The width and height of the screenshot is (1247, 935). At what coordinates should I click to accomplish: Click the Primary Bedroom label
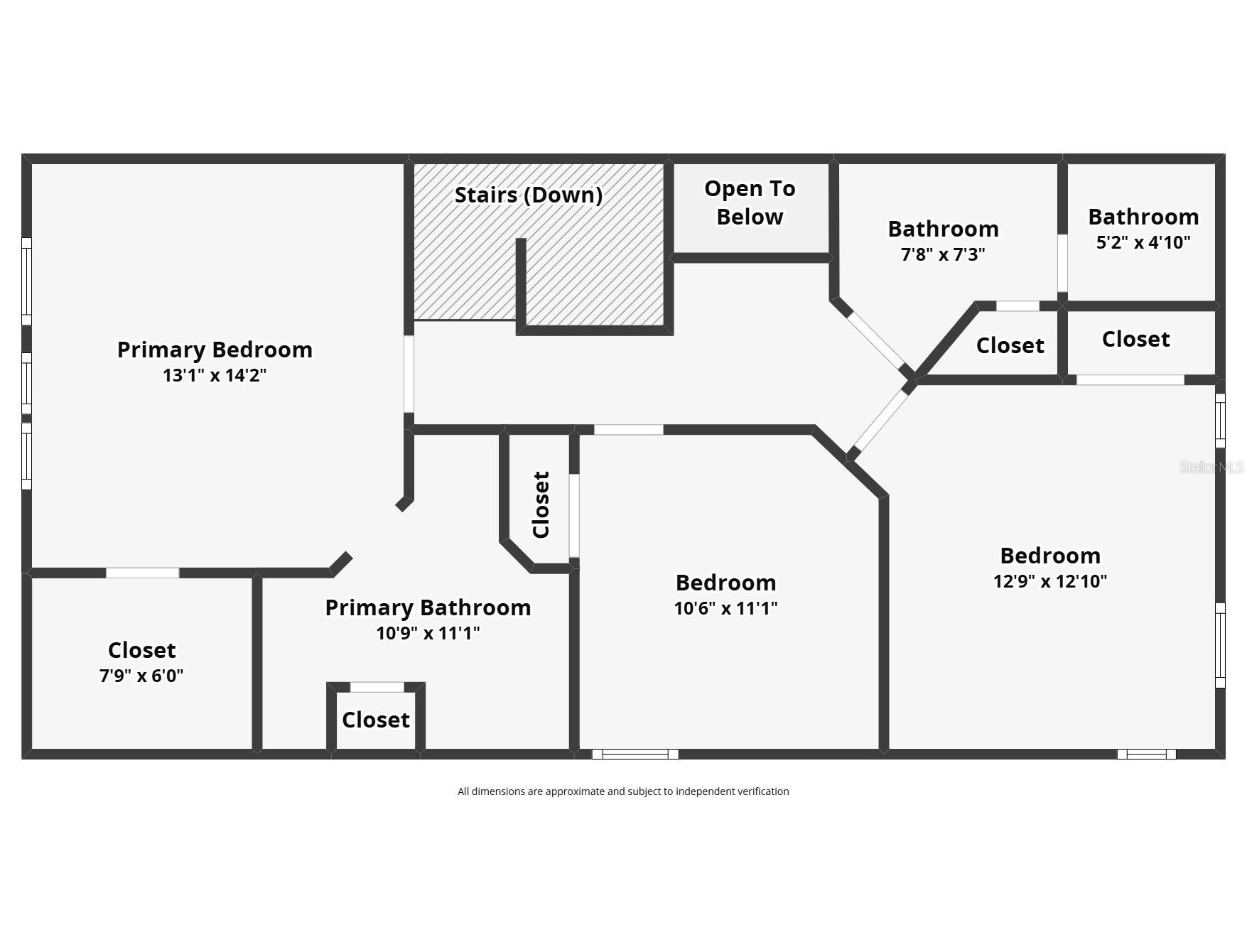pyautogui.click(x=215, y=350)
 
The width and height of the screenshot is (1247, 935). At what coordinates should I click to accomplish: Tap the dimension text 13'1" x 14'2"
pyautogui.click(x=215, y=375)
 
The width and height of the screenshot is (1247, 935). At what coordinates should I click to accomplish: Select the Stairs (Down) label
pyautogui.click(x=529, y=195)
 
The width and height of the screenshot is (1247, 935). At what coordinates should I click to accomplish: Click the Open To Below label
pyautogui.click(x=750, y=202)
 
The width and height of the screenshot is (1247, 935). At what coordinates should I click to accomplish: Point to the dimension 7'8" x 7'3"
pyautogui.click(x=943, y=254)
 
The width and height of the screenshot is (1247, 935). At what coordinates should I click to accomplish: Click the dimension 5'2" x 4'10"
pyautogui.click(x=1143, y=242)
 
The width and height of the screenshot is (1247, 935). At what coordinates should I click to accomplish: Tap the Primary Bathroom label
pyautogui.click(x=428, y=607)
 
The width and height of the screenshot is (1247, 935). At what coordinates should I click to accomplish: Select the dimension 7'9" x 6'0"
pyautogui.click(x=141, y=676)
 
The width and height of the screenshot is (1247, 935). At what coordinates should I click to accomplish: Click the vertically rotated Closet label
pyautogui.click(x=541, y=504)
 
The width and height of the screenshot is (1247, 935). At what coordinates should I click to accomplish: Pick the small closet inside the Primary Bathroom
pyautogui.click(x=376, y=720)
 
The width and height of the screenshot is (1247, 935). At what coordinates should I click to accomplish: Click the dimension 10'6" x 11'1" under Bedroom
pyautogui.click(x=725, y=608)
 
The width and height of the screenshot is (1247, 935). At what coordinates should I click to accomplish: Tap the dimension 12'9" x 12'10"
pyautogui.click(x=1049, y=581)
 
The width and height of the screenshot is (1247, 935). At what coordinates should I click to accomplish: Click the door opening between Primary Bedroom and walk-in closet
pyautogui.click(x=142, y=573)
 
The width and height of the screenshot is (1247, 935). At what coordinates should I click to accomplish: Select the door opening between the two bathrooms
pyautogui.click(x=1062, y=263)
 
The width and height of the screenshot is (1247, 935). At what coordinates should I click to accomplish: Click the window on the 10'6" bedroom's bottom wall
pyautogui.click(x=635, y=754)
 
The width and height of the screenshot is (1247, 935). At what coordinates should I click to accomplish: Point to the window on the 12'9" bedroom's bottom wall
pyautogui.click(x=1146, y=754)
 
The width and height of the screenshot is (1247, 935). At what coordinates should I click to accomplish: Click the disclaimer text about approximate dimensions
pyautogui.click(x=623, y=791)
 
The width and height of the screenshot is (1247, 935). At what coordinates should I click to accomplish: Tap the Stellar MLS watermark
pyautogui.click(x=1211, y=467)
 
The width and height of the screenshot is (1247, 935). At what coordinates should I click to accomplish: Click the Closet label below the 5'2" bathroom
pyautogui.click(x=1135, y=340)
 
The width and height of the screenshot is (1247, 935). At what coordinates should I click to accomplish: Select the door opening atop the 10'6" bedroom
pyautogui.click(x=628, y=429)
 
